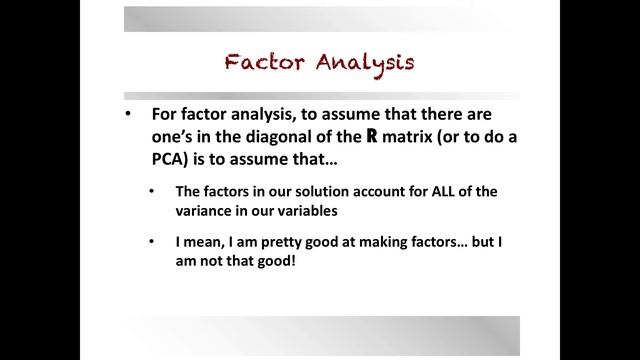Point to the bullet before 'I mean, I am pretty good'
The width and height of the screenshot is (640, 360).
(x=151, y=241)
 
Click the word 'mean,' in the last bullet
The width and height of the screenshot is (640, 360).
(x=203, y=241)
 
